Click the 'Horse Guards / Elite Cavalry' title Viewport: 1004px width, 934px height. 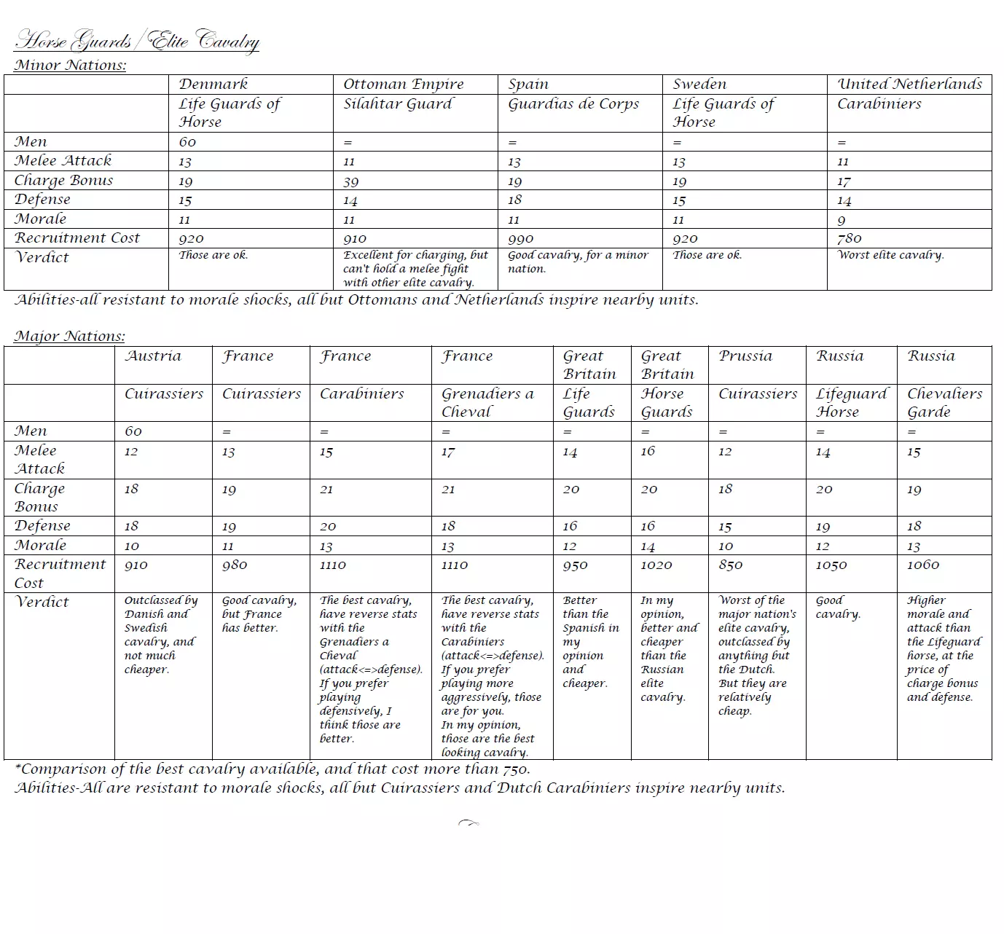[x=136, y=41]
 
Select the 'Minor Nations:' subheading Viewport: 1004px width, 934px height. [x=70, y=66]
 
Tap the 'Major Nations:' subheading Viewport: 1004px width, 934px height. [x=69, y=337]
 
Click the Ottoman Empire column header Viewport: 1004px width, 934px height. [x=403, y=85]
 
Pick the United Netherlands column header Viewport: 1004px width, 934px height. [x=909, y=85]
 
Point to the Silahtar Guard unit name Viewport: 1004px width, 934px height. [x=398, y=104]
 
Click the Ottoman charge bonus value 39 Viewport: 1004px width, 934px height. [x=351, y=181]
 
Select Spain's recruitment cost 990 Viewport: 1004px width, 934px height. [x=521, y=239]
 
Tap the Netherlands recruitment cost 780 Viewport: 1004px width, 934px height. [x=850, y=239]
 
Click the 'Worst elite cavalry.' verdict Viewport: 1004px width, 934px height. [x=890, y=255]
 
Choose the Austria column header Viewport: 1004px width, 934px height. [x=153, y=356]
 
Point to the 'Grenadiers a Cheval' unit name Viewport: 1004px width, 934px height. [x=487, y=402]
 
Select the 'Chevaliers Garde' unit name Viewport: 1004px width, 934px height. [x=944, y=402]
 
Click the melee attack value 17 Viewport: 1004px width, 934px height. [x=448, y=452]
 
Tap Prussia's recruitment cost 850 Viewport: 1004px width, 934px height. [x=731, y=565]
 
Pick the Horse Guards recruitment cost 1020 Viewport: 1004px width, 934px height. [x=656, y=565]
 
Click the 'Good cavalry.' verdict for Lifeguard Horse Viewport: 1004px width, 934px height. [x=838, y=608]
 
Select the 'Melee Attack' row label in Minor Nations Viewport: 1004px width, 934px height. [x=63, y=161]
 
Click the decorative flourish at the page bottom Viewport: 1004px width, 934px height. [x=468, y=823]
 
